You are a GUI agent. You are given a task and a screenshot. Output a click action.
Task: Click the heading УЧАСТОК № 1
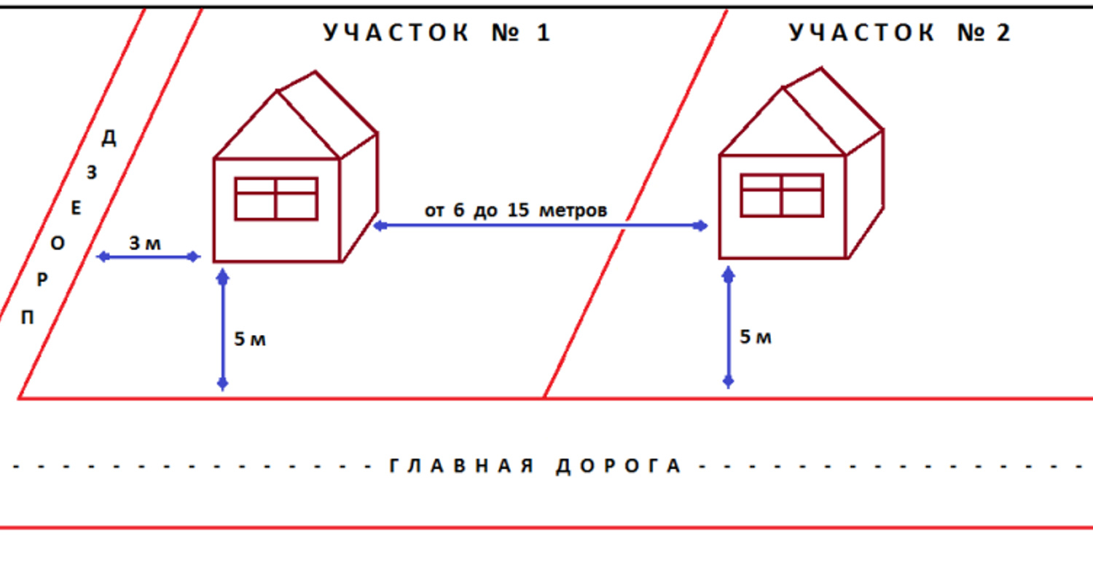(437, 33)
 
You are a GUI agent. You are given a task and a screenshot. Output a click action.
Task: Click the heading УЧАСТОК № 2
(900, 33)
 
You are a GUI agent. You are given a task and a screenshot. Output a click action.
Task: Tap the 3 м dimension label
(145, 242)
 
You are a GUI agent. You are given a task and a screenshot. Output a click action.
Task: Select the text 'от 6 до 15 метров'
(516, 210)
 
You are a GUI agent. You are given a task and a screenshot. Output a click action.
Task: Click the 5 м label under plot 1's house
(250, 339)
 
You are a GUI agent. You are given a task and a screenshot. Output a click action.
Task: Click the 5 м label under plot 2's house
(756, 337)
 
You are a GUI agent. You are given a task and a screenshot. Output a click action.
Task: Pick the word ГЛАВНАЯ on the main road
(461, 465)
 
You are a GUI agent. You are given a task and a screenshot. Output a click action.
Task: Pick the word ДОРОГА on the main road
(618, 465)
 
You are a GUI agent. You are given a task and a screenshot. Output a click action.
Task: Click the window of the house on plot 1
(276, 199)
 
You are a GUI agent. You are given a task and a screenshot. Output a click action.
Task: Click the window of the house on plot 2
(782, 195)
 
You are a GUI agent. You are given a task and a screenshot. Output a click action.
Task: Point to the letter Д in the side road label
(109, 138)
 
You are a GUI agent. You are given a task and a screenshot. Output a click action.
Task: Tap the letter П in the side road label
(28, 317)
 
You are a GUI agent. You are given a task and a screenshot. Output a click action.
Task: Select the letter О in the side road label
(58, 242)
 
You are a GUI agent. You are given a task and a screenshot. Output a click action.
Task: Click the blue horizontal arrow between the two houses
(540, 225)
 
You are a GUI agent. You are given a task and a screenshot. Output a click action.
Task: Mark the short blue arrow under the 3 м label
(149, 256)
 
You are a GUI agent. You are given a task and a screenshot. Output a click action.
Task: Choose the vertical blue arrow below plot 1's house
(222, 330)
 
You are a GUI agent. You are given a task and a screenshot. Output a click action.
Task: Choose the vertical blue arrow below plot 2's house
(729, 327)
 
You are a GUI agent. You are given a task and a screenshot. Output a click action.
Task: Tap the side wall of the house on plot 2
(864, 195)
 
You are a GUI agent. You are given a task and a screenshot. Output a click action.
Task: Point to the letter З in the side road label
(92, 172)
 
